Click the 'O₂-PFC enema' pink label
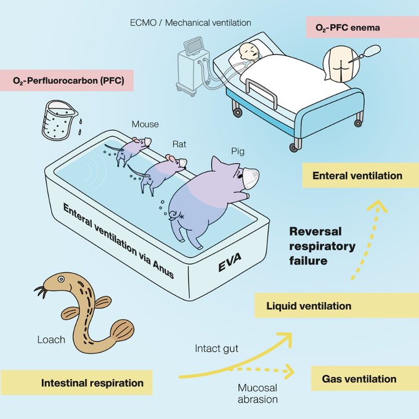362,27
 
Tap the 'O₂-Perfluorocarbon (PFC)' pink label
67,81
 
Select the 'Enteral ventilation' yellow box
360,175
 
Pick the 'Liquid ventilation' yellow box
336,306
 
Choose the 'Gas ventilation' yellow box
365,378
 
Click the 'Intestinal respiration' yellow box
76,383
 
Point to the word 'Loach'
51,340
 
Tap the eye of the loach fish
61,279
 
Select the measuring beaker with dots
59,120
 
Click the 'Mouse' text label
145,124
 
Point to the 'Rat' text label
179,144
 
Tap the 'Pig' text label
238,152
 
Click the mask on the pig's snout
251,177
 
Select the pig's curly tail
174,214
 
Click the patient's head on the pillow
248,51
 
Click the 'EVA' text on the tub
230,262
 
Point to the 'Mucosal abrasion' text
258,393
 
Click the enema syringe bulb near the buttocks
373,50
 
